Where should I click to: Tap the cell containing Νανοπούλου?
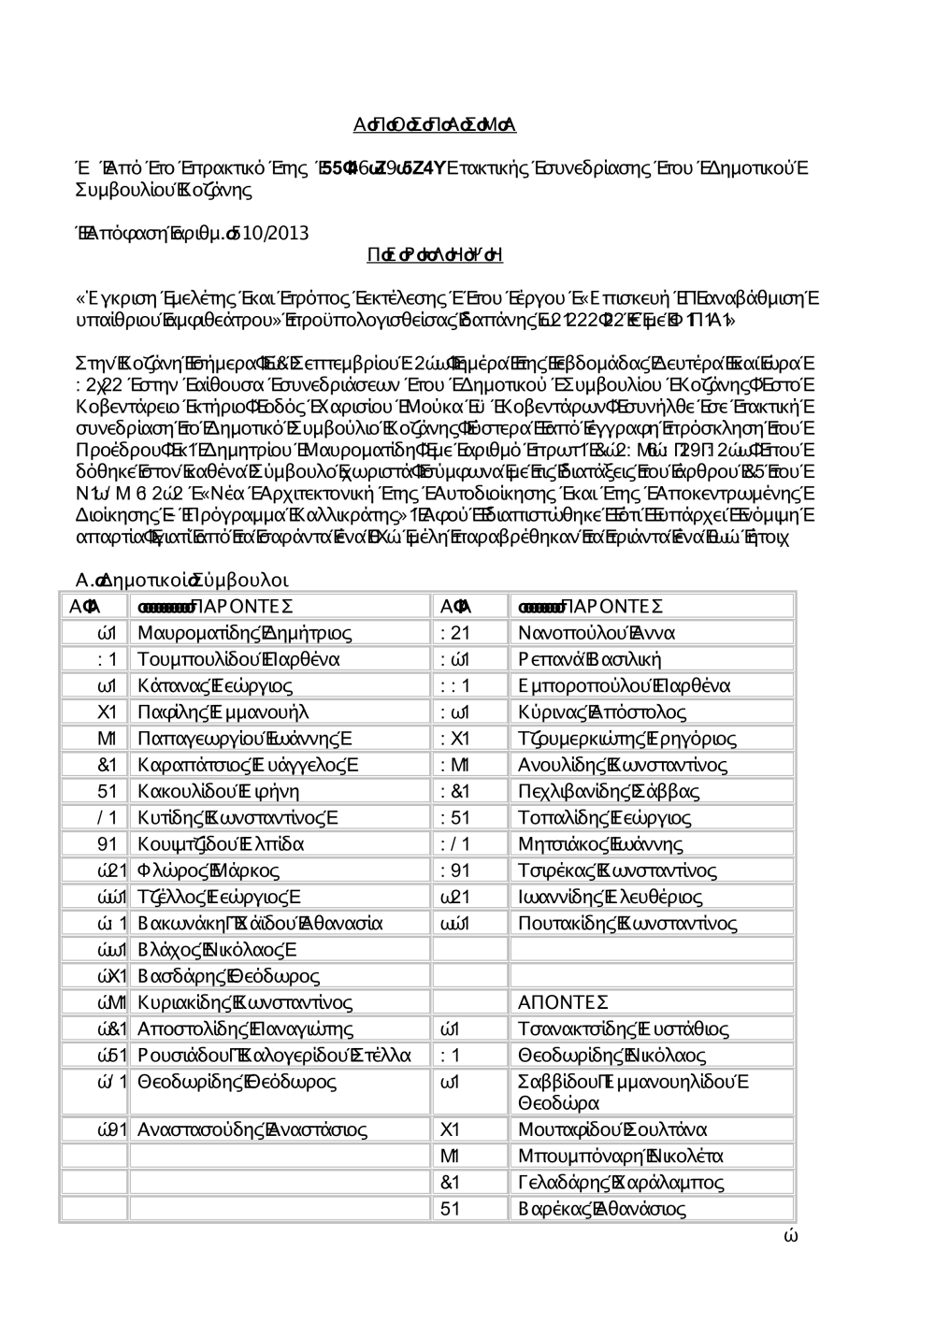566,633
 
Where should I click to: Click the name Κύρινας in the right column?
552,712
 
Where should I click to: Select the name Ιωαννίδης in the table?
561,898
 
